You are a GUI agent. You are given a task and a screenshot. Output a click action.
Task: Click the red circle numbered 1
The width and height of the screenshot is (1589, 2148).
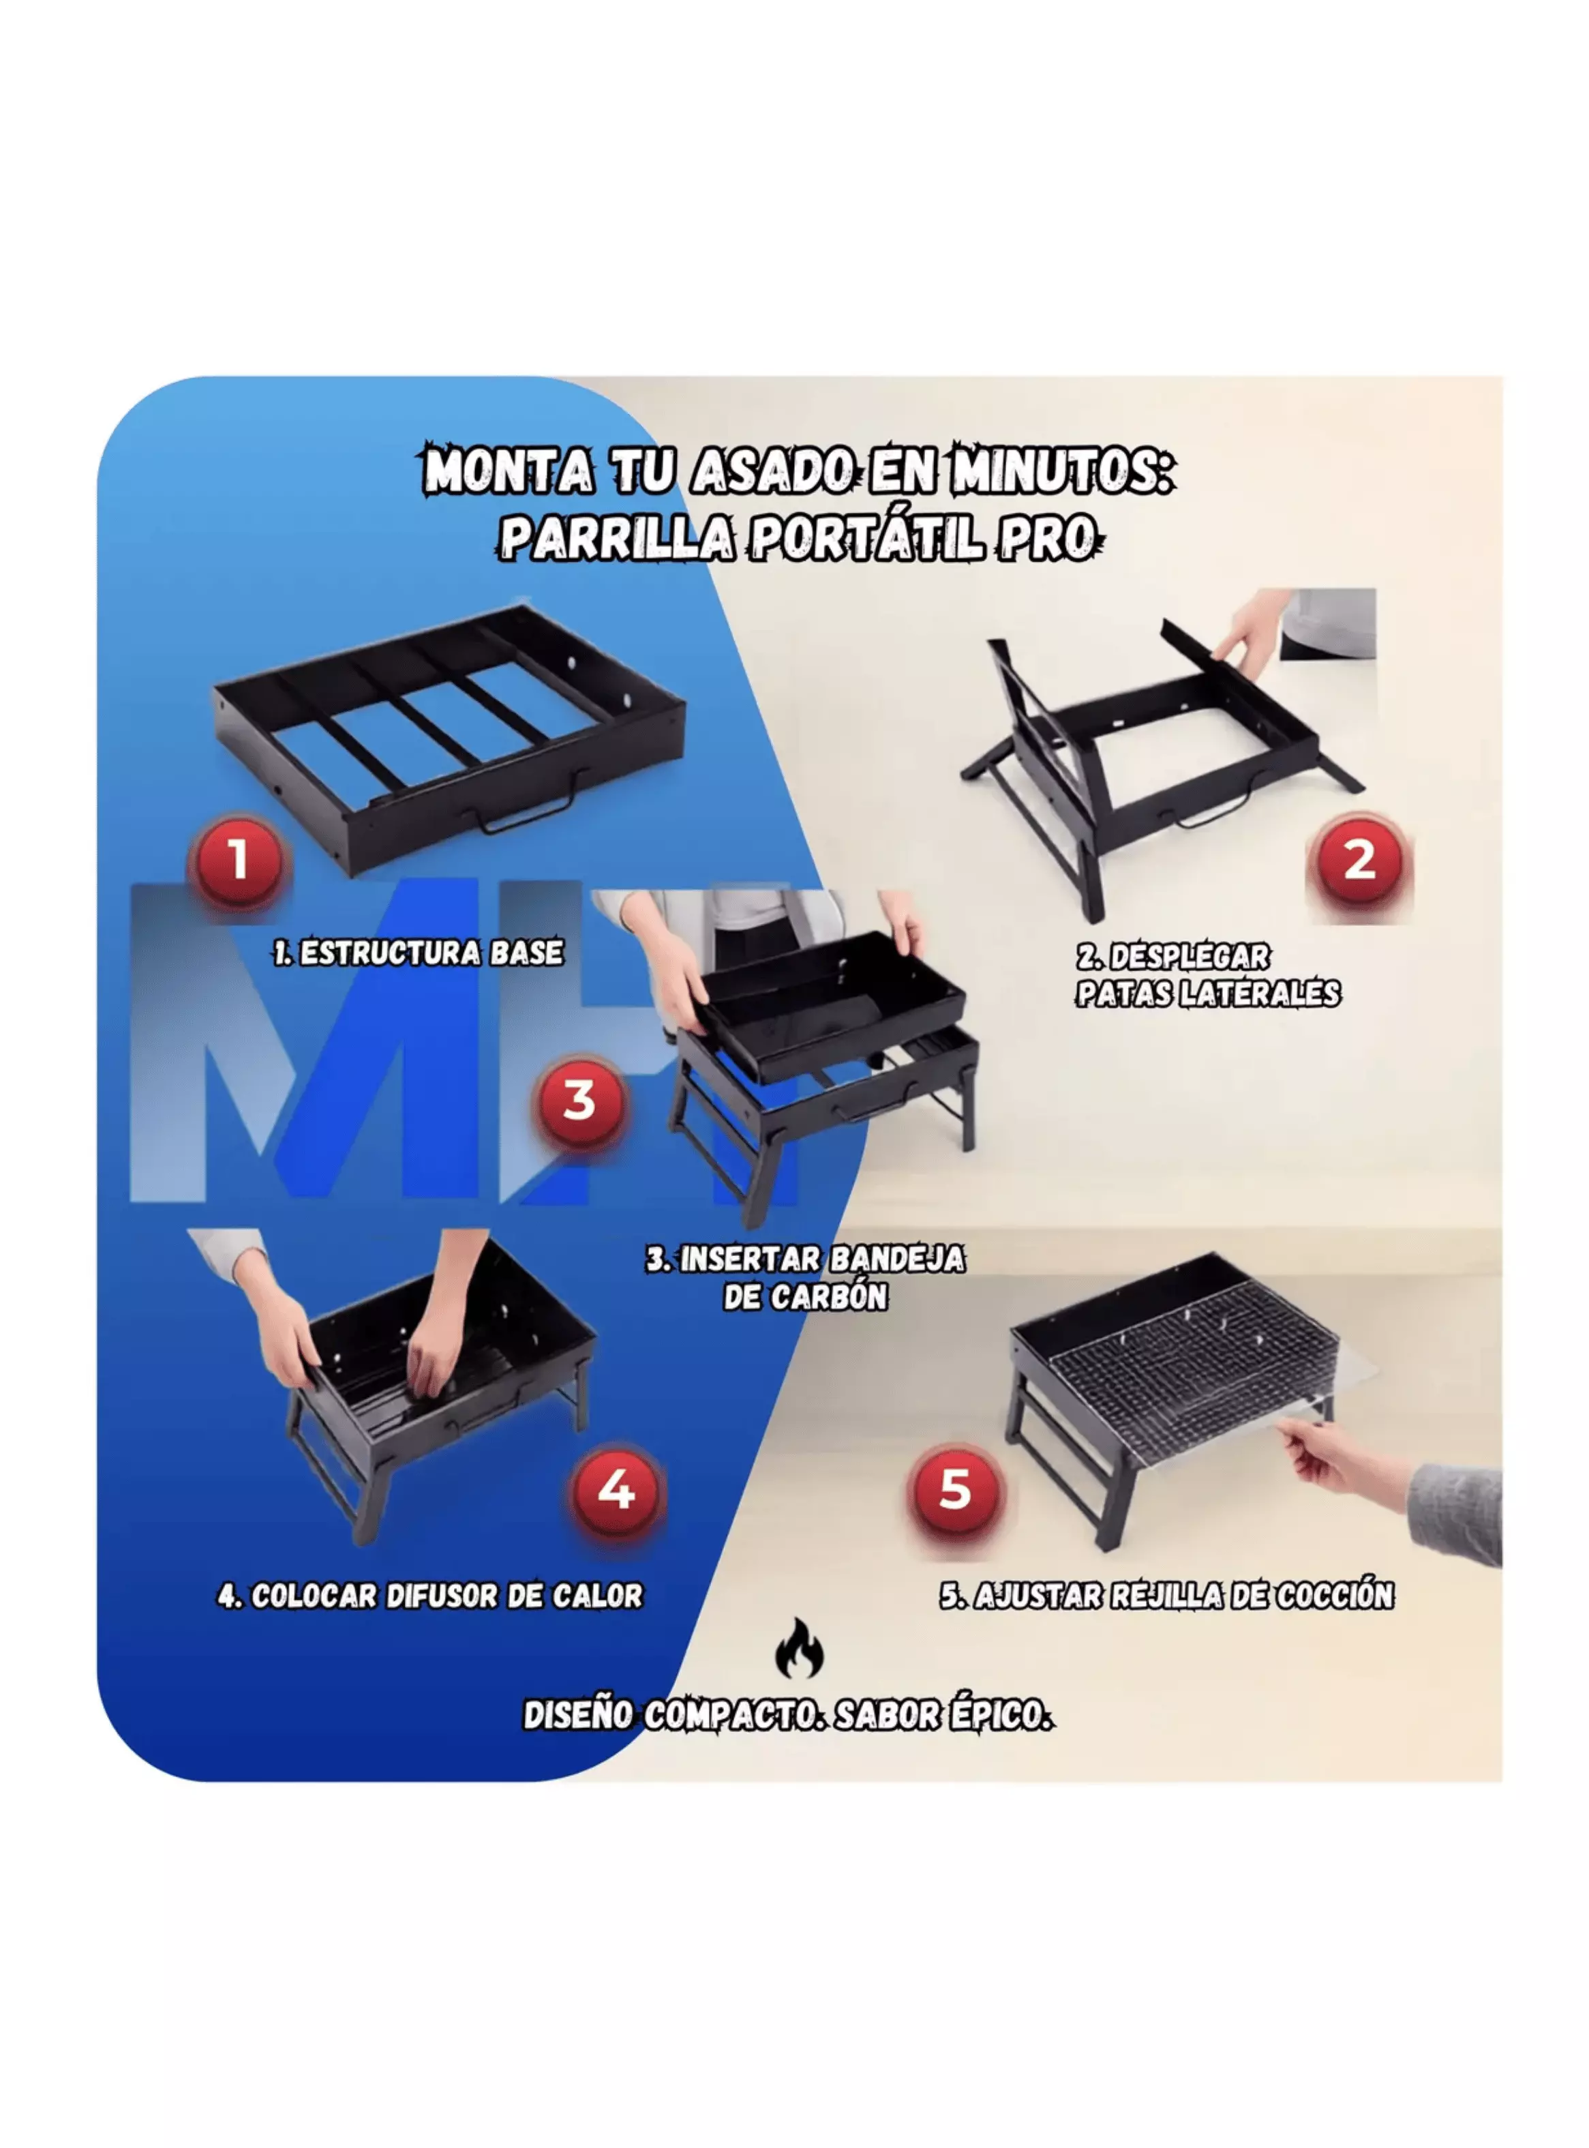(x=239, y=859)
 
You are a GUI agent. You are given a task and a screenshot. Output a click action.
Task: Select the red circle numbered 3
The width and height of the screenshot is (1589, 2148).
(x=579, y=1101)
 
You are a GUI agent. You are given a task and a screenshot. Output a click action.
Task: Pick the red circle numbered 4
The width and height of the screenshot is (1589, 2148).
(x=616, y=1490)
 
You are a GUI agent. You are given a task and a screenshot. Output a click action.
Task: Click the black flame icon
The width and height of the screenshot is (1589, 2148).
(x=800, y=1647)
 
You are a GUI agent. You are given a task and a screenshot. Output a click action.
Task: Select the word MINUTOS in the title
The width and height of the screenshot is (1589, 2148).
(x=1062, y=471)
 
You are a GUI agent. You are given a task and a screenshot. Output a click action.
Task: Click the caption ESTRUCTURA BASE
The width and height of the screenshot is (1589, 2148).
(x=431, y=953)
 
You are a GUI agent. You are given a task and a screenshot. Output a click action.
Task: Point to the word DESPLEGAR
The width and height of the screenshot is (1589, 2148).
(x=1189, y=957)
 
